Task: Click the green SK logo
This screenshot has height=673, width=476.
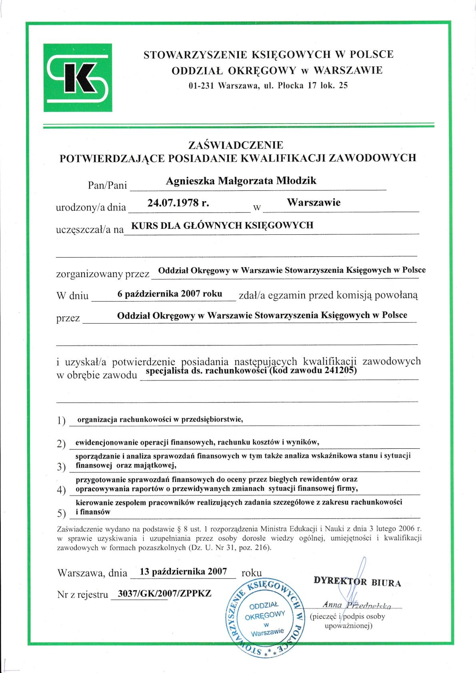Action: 78,78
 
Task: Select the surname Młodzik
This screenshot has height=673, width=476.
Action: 296,181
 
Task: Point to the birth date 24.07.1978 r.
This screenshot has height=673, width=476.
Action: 178,203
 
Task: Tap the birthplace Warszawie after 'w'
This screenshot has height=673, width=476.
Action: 314,202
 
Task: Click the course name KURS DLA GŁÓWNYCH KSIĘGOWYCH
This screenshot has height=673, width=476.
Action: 222,226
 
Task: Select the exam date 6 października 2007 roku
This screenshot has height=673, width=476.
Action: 170,294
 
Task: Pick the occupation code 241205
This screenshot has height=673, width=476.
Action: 341,371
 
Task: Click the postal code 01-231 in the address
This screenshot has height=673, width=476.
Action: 201,85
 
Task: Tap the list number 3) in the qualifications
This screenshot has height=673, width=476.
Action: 61,467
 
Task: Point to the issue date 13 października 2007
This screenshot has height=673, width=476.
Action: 183,571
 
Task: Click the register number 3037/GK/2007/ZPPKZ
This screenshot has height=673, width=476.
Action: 164,593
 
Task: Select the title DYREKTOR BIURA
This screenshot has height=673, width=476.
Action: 357,582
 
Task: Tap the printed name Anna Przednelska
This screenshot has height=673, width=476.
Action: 357,605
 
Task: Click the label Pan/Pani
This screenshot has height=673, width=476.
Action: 107,185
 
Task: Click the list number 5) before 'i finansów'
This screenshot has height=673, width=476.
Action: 61,513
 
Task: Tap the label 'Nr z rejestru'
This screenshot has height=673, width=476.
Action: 82,595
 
